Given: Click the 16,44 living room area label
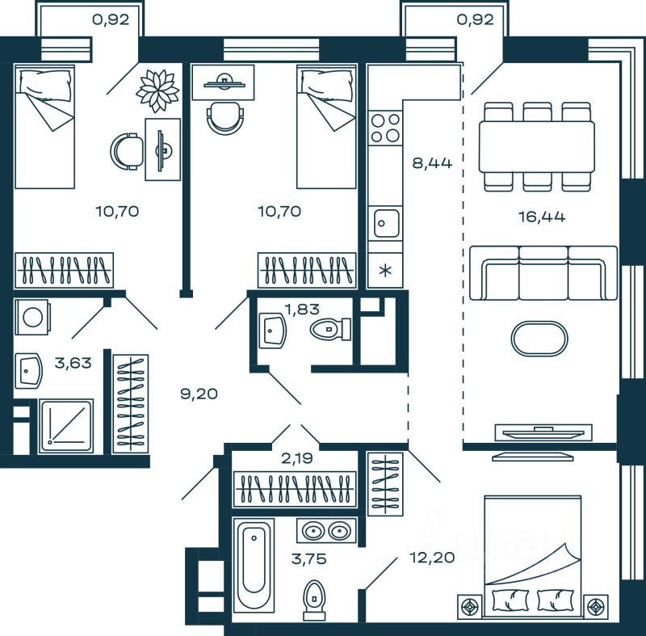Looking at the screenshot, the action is tap(541, 217).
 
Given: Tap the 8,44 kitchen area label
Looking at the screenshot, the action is tap(432, 163).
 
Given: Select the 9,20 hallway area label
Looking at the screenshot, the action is tap(199, 394).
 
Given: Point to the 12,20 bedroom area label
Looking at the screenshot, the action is tap(432, 558).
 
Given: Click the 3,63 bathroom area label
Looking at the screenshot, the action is tap(73, 363).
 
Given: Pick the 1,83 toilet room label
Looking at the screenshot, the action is tap(302, 309).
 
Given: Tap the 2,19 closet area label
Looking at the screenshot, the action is tap(297, 458).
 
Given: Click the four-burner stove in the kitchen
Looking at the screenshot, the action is tap(385, 128).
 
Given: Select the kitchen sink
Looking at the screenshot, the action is tap(385, 223).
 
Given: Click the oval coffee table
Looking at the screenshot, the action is tap(539, 339).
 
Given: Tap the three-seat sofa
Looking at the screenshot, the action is tap(543, 273).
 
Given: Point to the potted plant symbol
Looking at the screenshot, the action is tap(157, 91).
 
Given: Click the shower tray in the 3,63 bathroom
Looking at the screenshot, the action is tap(66, 426).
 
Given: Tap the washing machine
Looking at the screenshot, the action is tap(32, 317).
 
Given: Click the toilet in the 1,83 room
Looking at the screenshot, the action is tap(330, 330).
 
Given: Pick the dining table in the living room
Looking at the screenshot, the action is tap(537, 146).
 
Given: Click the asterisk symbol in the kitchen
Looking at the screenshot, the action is tap(385, 271).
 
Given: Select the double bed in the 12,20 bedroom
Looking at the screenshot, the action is tap(533, 557).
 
